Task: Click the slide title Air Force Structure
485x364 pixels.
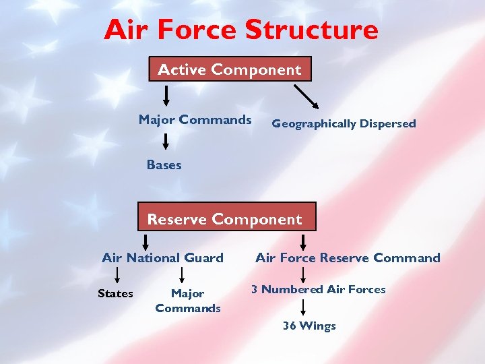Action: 241,30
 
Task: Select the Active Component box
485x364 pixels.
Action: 230,69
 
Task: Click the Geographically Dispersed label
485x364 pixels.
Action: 344,123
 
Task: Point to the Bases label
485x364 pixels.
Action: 164,165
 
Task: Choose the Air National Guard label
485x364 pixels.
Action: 162,257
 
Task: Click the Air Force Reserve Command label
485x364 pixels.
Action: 348,257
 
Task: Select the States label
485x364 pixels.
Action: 115,293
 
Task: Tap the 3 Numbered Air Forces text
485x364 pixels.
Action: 319,289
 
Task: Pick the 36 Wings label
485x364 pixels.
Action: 309,326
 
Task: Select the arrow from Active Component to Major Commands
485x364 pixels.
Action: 166,95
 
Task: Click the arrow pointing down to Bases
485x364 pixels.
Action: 166,141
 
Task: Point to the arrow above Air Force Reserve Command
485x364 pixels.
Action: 303,241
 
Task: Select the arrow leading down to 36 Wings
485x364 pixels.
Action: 303,307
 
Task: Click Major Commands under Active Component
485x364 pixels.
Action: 195,120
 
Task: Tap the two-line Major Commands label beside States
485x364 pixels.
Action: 188,301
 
